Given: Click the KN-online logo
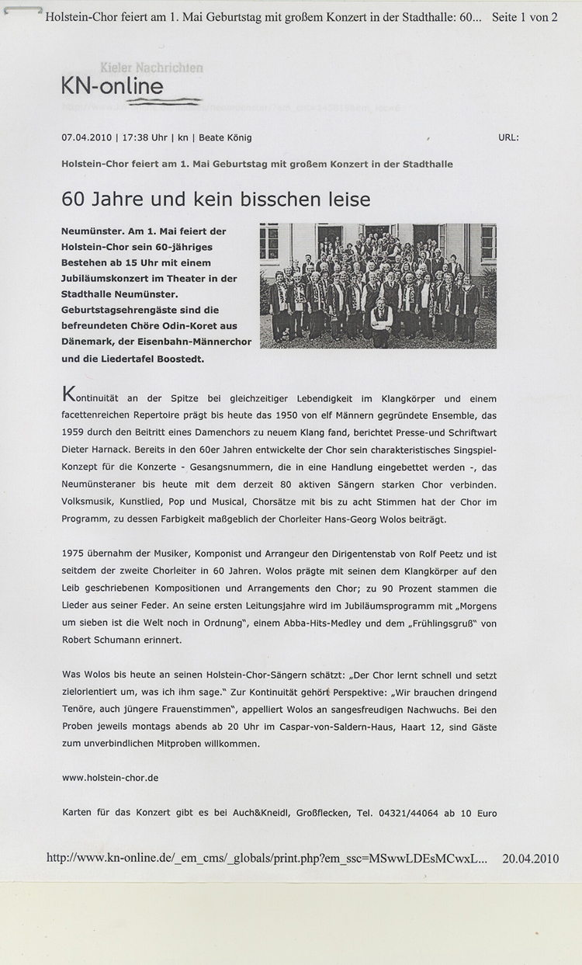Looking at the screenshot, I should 113,86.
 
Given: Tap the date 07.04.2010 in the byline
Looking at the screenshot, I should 87,137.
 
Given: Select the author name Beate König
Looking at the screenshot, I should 225,137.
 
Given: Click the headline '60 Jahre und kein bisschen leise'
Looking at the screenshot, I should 216,200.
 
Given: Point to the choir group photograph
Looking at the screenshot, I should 378,285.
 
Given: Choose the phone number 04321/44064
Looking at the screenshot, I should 412,813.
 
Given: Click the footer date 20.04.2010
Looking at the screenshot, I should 531,859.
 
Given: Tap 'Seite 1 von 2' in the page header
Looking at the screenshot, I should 525,17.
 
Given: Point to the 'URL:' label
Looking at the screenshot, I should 508,137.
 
